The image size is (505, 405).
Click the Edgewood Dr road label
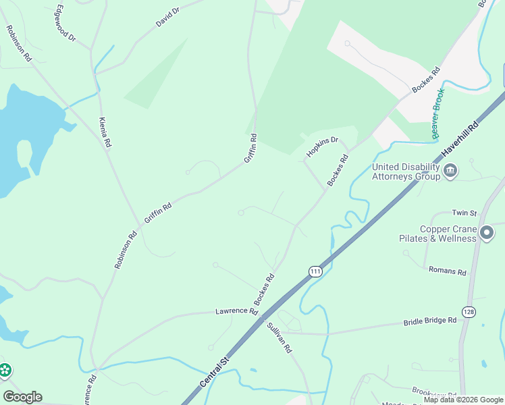65,23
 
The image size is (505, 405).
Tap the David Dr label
168,17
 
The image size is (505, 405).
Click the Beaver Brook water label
438,113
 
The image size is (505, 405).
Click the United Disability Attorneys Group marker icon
451,171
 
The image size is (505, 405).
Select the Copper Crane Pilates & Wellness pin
487,234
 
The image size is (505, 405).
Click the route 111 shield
315,271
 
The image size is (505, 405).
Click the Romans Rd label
447,271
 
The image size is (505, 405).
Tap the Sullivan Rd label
279,337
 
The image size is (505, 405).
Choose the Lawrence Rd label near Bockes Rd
236,312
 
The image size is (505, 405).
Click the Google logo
22,397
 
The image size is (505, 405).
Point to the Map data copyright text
463,400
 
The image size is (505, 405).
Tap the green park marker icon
5,370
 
